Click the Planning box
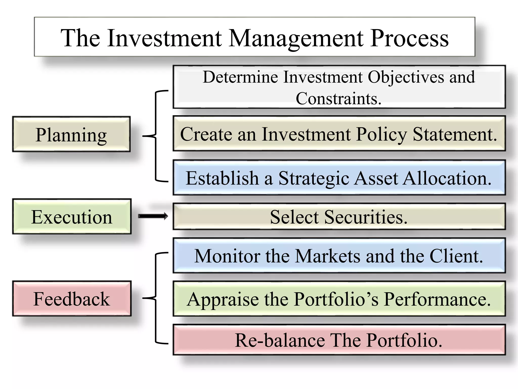pyautogui.click(x=71, y=134)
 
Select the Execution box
pyautogui.click(x=72, y=217)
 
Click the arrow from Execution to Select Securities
pyautogui.click(x=153, y=216)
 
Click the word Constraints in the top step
pyautogui.click(x=338, y=99)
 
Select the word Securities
pyautogui.click(x=366, y=217)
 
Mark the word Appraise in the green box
pyautogui.click(x=223, y=300)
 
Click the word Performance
pyautogui.click(x=437, y=299)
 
